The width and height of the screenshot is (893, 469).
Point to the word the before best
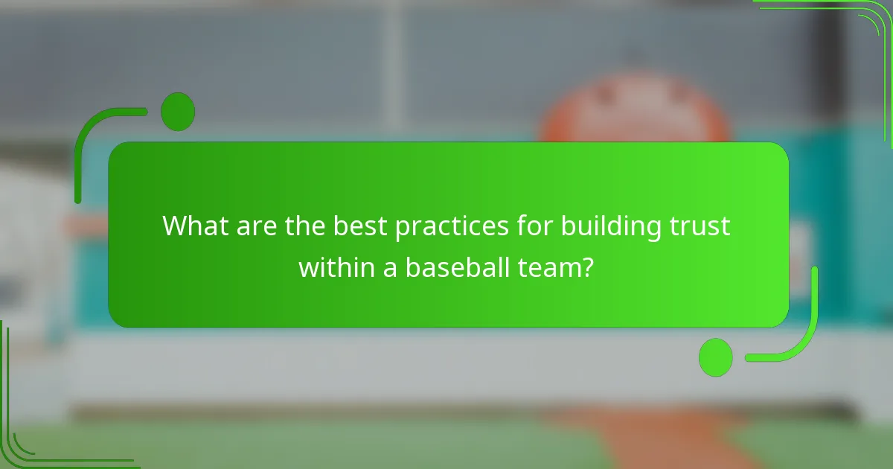click(x=303, y=226)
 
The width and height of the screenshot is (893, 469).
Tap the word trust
click(x=702, y=226)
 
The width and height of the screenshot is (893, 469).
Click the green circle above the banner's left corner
click(x=178, y=112)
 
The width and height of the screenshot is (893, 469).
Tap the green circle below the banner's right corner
click(x=716, y=357)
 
